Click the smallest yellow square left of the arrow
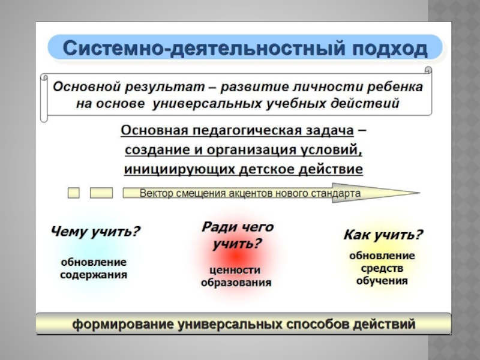pos(73,193)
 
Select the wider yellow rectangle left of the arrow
pos(101,193)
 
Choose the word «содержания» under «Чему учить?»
pos(94,275)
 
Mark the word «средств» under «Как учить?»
pos(382,268)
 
